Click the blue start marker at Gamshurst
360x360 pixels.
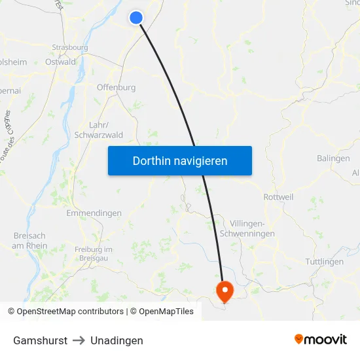(x=136, y=18)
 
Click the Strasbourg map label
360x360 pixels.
(x=70, y=48)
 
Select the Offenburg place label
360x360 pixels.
(x=116, y=87)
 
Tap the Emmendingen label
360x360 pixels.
(x=94, y=213)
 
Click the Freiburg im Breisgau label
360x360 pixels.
(x=94, y=253)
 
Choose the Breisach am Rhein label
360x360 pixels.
(x=29, y=240)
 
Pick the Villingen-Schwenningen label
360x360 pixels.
(x=257, y=228)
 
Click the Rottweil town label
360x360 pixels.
(x=278, y=197)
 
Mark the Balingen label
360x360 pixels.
(x=334, y=158)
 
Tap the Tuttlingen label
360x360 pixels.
(x=325, y=262)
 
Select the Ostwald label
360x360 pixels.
(x=60, y=62)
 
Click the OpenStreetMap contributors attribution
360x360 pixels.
(x=65, y=312)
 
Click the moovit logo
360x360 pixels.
(x=321, y=339)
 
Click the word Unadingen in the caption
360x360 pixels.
(x=117, y=340)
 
